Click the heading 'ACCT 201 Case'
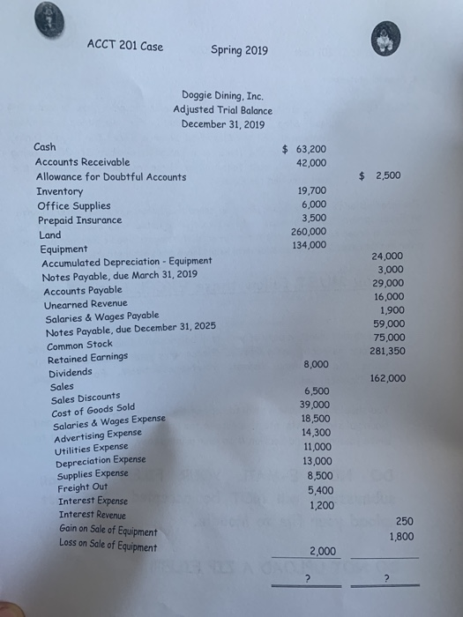[x=124, y=46]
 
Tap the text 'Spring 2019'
[x=240, y=49]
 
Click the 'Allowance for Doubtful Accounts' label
[x=110, y=177]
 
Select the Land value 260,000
[x=308, y=233]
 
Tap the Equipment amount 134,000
[x=308, y=246]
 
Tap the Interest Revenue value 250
[x=405, y=521]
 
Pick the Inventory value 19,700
[x=309, y=190]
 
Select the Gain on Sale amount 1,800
[x=401, y=536]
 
